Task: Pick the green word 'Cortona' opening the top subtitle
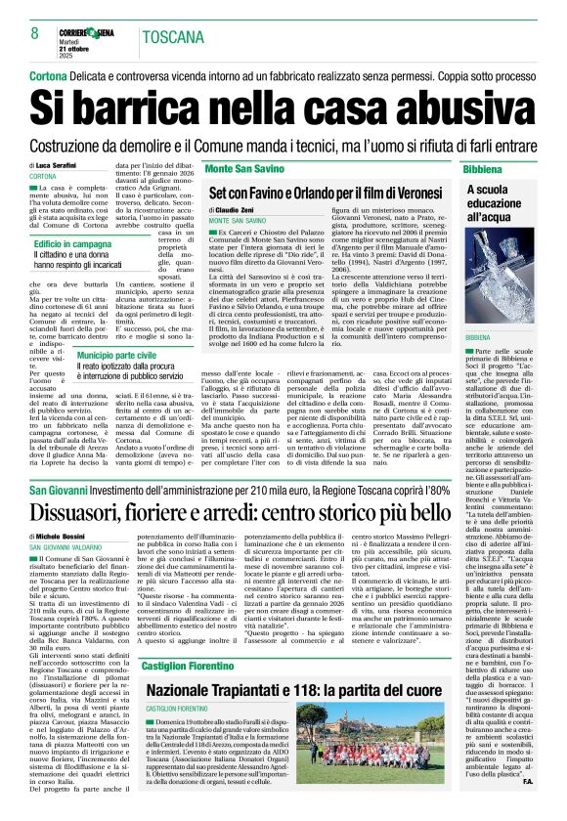[48, 75]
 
